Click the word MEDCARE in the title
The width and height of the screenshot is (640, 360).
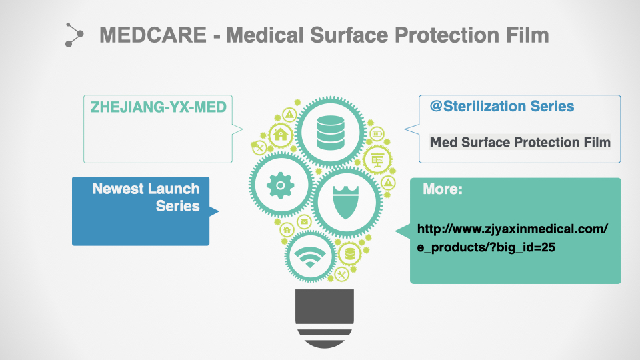click(x=153, y=35)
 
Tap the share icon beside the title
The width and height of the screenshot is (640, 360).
click(x=74, y=35)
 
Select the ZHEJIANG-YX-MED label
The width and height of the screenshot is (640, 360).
click(x=159, y=107)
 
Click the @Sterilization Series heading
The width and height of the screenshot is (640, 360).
click(x=502, y=107)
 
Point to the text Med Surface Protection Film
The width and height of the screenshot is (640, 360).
click(x=520, y=142)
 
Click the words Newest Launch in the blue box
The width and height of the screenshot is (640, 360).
click(x=146, y=189)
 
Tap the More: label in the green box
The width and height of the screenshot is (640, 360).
click(x=443, y=189)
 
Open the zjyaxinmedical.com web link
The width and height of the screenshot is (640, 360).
click(x=512, y=238)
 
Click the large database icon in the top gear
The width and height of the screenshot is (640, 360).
click(x=330, y=132)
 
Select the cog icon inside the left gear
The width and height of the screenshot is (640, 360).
click(x=281, y=185)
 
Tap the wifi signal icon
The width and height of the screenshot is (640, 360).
click(x=310, y=257)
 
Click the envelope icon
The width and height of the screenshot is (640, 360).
click(x=304, y=221)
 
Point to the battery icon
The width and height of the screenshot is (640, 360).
click(x=377, y=133)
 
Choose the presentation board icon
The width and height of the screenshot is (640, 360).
click(x=377, y=159)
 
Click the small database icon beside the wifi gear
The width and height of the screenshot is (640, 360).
click(x=350, y=254)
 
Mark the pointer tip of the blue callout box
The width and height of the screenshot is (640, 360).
click(x=219, y=211)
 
